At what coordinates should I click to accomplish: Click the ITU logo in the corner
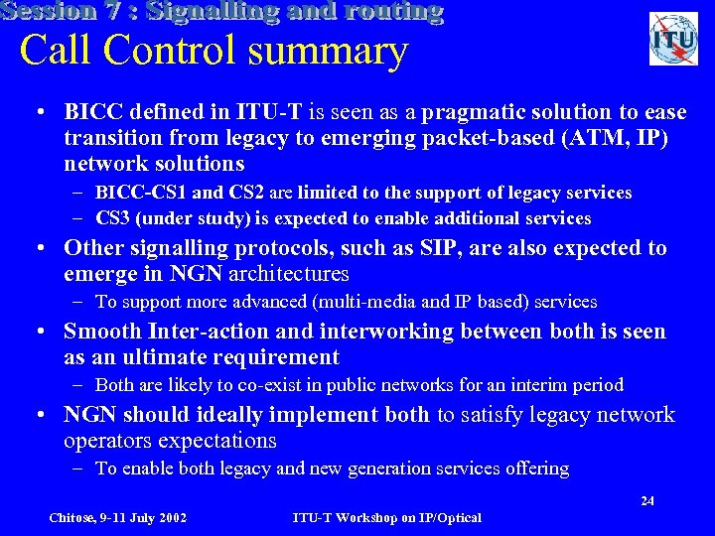pyautogui.click(x=673, y=39)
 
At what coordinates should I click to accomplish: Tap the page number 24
pyautogui.click(x=647, y=501)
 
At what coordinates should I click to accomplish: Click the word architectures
pyautogui.click(x=289, y=273)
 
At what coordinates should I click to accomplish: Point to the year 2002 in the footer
pyautogui.click(x=171, y=518)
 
